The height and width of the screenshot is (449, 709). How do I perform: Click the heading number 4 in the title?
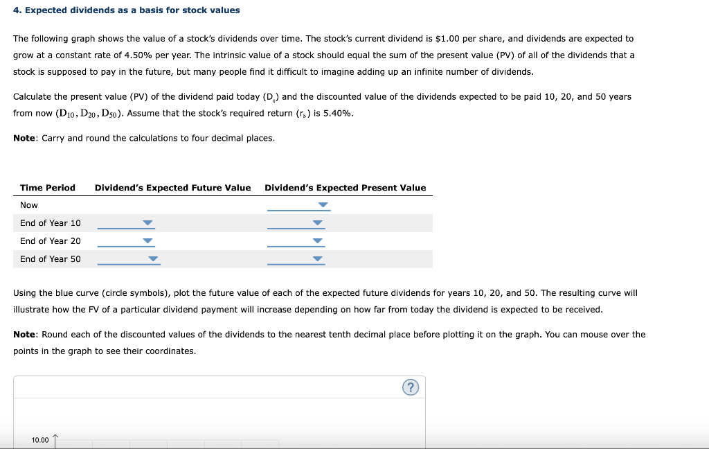coord(17,10)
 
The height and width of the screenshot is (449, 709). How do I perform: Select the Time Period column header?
coord(48,188)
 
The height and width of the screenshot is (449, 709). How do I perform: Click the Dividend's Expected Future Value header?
coord(172,188)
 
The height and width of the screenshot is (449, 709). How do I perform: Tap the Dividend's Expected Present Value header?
coord(345,188)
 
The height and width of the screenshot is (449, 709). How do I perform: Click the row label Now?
coord(29,205)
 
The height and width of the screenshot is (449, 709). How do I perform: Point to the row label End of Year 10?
coord(50,223)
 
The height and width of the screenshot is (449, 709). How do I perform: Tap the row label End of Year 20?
coord(50,241)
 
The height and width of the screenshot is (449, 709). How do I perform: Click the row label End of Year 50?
coord(50,259)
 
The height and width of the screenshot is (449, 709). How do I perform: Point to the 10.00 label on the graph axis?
coord(40,440)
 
